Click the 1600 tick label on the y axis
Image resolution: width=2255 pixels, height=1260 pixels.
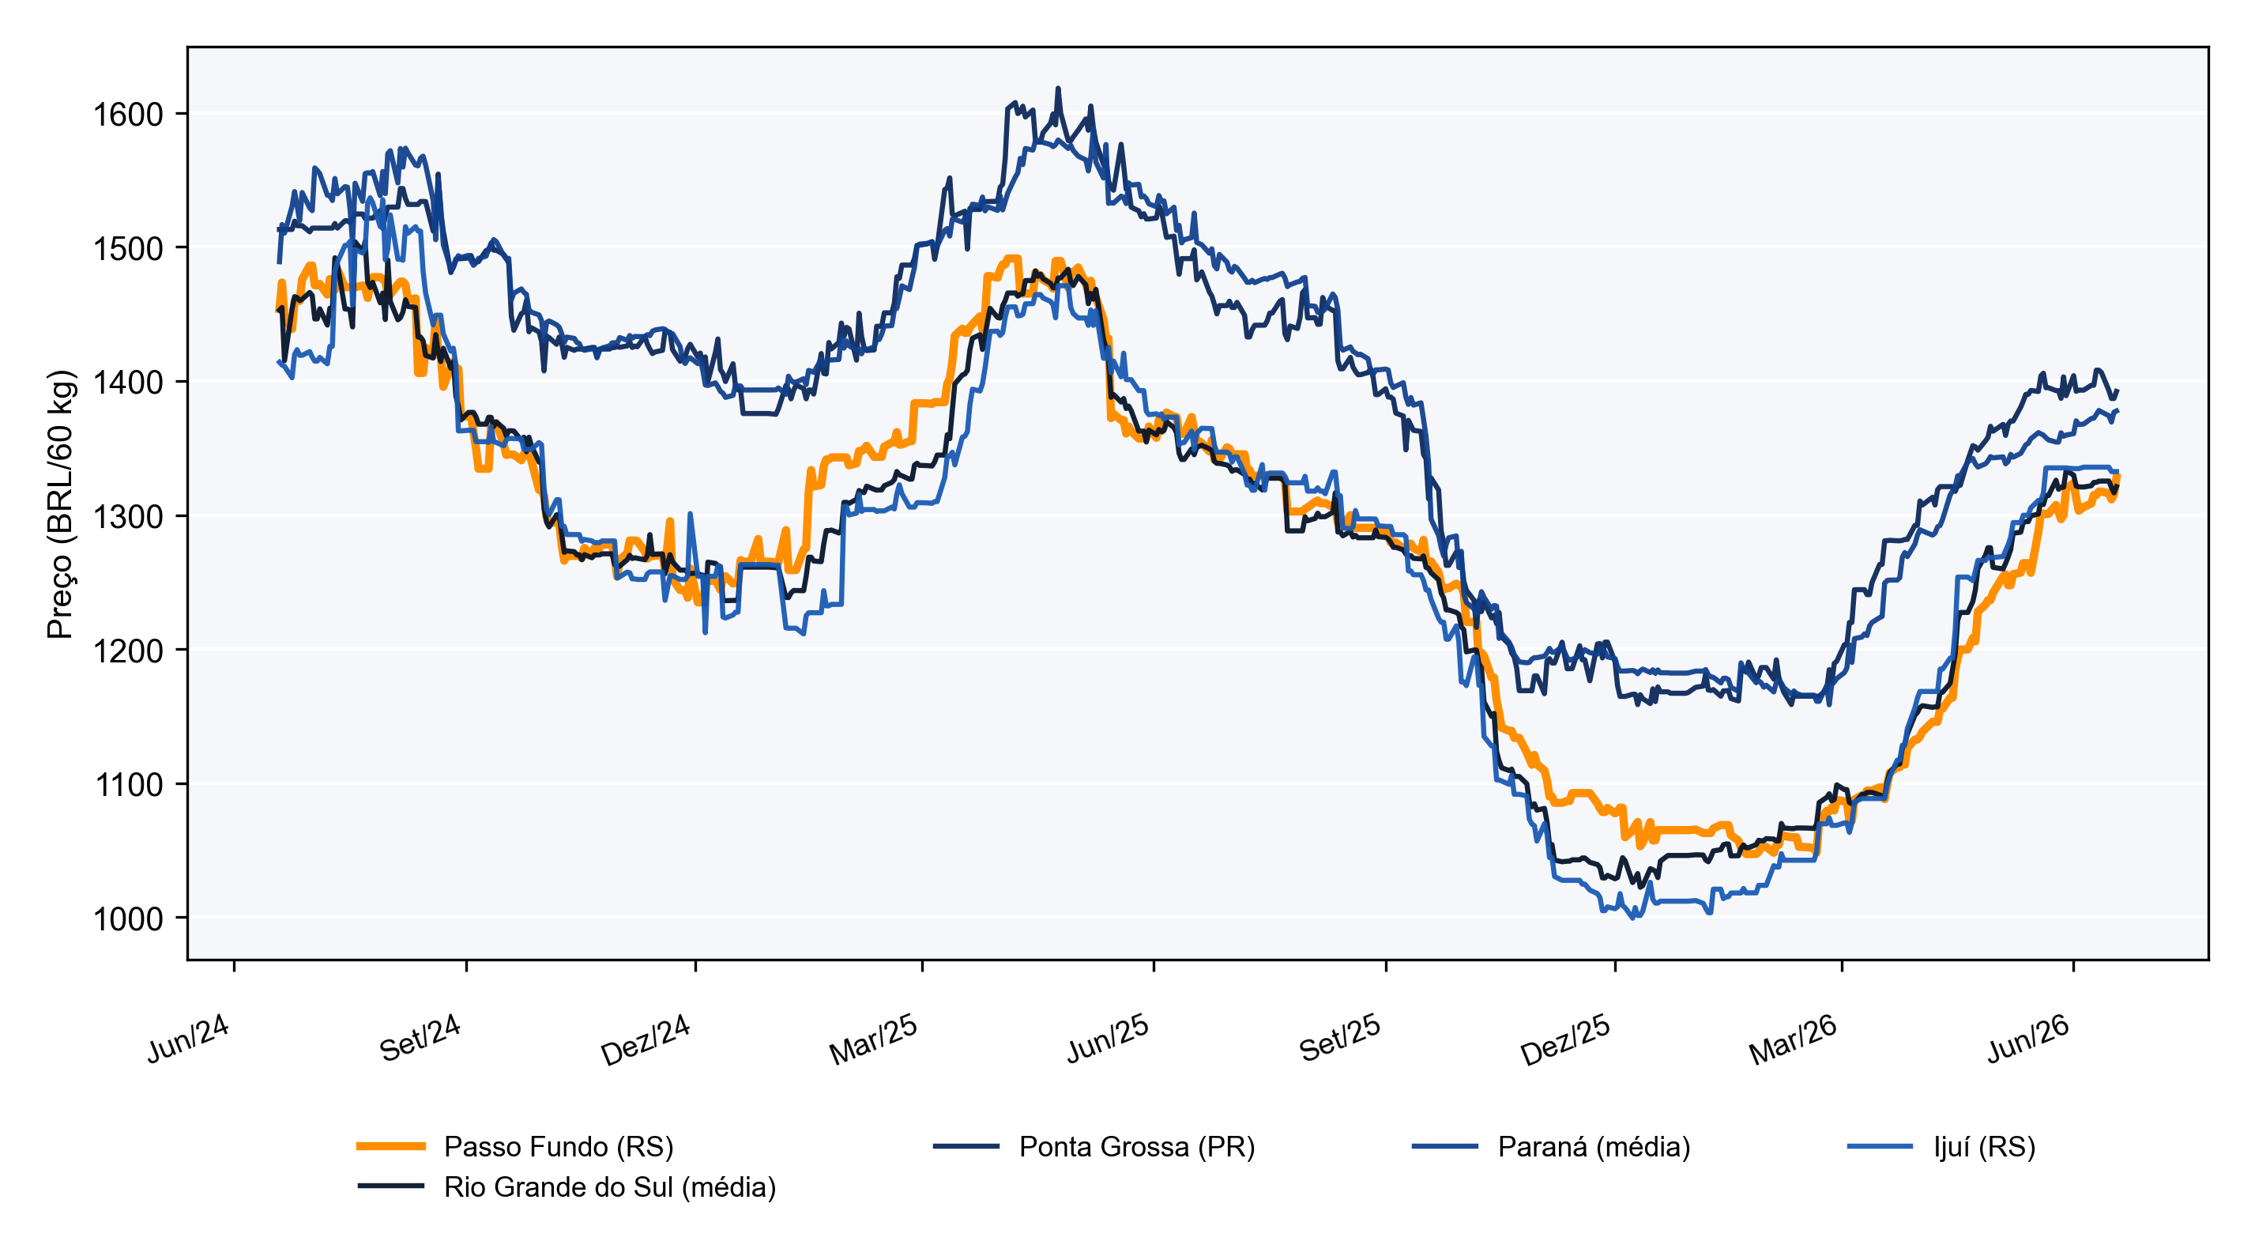pos(129,115)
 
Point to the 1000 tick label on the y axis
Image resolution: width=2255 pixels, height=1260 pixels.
pos(129,919)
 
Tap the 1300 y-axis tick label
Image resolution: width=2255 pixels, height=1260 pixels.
pos(129,517)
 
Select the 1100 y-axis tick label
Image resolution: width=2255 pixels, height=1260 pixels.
pos(129,785)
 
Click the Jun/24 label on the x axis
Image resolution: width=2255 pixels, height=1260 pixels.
pos(188,1039)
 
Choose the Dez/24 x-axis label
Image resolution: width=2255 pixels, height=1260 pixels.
pos(646,1040)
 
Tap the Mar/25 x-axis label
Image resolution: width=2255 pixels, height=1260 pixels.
pos(874,1040)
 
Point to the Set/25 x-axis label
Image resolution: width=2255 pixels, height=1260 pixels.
pos(1339,1039)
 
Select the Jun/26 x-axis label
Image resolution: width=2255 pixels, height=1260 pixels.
pos(2027,1039)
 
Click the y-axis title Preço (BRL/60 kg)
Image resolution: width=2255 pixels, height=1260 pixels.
pos(62,504)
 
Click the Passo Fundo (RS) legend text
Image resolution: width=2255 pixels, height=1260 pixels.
pos(559,1146)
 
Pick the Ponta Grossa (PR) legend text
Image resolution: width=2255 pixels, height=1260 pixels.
pos(1137,1146)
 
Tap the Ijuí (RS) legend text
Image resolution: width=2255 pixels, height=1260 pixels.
pos(1985,1146)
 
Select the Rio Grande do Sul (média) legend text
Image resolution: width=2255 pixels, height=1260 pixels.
pos(610,1187)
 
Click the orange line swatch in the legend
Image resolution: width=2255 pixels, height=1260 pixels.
pos(391,1146)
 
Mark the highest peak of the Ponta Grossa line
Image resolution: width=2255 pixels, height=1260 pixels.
pos(1058,89)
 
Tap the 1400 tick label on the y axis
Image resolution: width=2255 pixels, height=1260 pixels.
pos(129,383)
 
